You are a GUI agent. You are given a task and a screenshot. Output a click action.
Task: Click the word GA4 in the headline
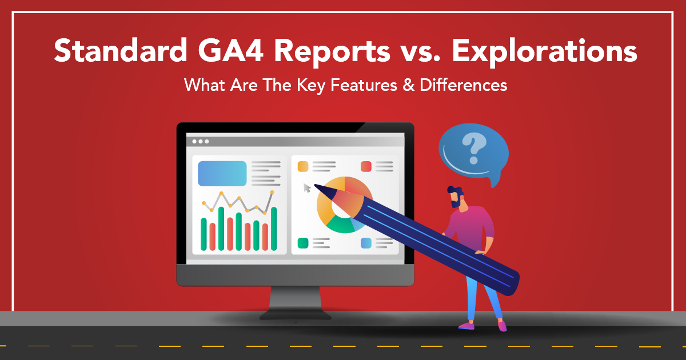click(x=230, y=50)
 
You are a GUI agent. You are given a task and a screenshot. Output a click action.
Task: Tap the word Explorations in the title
click(x=544, y=52)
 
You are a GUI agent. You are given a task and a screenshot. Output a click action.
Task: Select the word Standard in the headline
click(x=121, y=50)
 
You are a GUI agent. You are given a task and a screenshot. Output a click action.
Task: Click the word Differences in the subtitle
click(x=464, y=85)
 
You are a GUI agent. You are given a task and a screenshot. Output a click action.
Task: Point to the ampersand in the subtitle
click(x=409, y=85)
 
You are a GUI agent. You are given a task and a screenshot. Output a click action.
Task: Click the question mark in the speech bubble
click(x=474, y=149)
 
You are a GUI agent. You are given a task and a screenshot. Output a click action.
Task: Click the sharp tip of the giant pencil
click(x=315, y=185)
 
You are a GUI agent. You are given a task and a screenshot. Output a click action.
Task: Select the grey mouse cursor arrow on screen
click(x=307, y=188)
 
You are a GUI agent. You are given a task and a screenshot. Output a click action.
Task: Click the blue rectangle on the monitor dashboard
click(x=222, y=174)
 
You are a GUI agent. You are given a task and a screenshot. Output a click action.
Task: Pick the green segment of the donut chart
click(x=341, y=225)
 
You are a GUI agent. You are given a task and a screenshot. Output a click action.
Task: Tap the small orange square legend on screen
click(x=303, y=166)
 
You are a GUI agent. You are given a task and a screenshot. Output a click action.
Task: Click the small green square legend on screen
click(x=303, y=243)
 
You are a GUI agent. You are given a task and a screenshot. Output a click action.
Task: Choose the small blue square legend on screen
click(x=366, y=243)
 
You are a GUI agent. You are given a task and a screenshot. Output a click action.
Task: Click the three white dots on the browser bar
click(x=201, y=142)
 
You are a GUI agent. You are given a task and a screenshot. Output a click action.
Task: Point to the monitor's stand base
click(x=296, y=315)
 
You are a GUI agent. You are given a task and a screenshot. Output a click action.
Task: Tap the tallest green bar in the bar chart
click(x=221, y=229)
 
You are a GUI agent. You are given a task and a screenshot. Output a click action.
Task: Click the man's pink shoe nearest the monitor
click(x=466, y=326)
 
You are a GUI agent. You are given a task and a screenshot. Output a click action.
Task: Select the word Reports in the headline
click(x=332, y=51)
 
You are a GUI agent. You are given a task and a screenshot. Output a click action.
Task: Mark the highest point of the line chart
click(x=272, y=192)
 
